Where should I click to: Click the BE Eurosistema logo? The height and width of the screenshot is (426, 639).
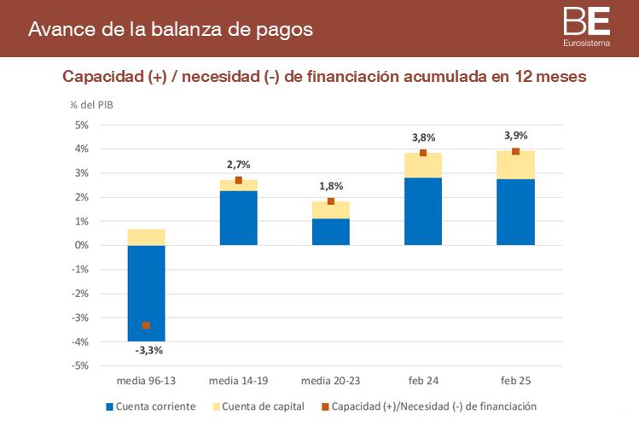click(x=587, y=26)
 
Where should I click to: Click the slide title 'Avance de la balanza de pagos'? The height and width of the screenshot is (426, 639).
click(x=171, y=29)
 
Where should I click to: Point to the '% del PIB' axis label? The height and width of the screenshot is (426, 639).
click(x=91, y=105)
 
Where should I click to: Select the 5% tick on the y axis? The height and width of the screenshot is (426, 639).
click(x=82, y=125)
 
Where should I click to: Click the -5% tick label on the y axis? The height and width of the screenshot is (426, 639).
click(x=81, y=365)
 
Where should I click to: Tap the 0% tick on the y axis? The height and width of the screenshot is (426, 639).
click(x=82, y=246)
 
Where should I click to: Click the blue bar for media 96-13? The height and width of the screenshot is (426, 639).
click(x=146, y=293)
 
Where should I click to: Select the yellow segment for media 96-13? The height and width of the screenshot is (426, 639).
click(x=146, y=237)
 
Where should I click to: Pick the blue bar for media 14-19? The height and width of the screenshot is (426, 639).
click(x=238, y=218)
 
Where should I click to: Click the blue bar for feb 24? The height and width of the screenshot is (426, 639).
click(x=422, y=211)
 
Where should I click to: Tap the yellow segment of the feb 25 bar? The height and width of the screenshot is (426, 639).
click(x=514, y=165)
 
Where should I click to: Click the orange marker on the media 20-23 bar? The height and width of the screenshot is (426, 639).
click(x=331, y=201)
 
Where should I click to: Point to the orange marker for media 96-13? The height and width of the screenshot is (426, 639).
click(x=146, y=325)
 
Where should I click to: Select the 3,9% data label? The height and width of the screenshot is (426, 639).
click(x=515, y=136)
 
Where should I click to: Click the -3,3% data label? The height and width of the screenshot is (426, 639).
click(x=148, y=350)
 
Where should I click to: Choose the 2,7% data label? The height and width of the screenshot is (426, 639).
click(x=238, y=164)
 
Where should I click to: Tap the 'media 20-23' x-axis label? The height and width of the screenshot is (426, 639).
click(x=330, y=380)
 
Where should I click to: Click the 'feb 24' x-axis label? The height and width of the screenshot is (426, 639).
click(x=422, y=380)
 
